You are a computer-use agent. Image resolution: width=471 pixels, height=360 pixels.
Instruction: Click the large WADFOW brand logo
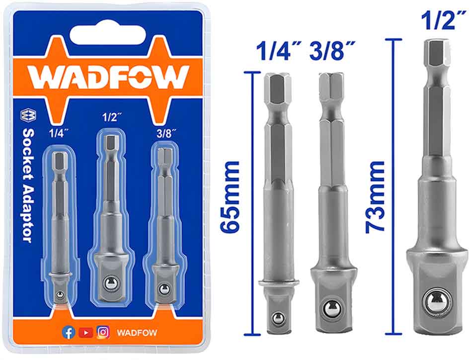109,77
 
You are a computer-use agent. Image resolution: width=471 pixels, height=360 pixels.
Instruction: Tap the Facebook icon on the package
69,332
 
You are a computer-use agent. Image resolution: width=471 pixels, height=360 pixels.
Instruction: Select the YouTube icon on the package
85,333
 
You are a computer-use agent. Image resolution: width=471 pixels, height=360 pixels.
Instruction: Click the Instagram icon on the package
103,332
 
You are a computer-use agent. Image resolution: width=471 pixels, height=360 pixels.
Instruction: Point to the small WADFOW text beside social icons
137,333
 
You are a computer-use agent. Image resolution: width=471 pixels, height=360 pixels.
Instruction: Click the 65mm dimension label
230,197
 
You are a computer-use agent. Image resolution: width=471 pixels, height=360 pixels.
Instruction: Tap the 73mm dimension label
375,197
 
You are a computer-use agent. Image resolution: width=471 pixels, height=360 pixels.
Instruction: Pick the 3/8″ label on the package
166,133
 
